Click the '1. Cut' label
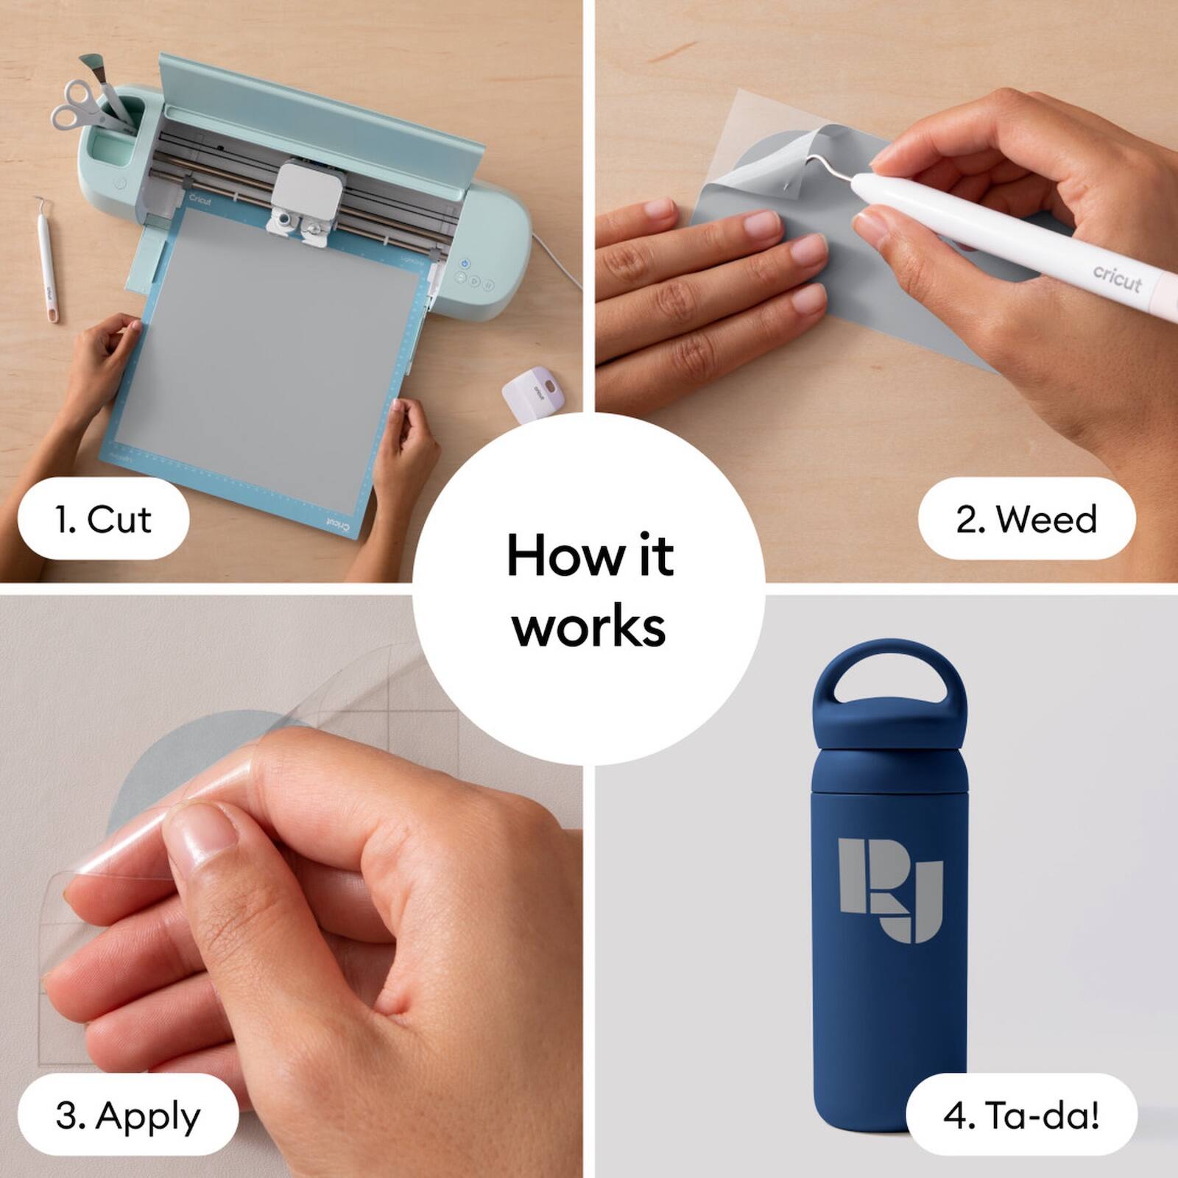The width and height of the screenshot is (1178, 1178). pos(103,519)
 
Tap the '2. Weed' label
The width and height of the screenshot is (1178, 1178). pos(1026,519)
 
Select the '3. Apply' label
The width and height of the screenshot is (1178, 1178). pos(127,1115)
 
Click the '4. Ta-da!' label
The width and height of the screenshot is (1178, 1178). pos(1021,1115)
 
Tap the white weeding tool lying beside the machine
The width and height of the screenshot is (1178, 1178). pos(46,261)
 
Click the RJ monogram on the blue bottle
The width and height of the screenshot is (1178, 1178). pos(891,889)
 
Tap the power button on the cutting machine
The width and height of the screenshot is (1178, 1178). pos(465,263)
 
